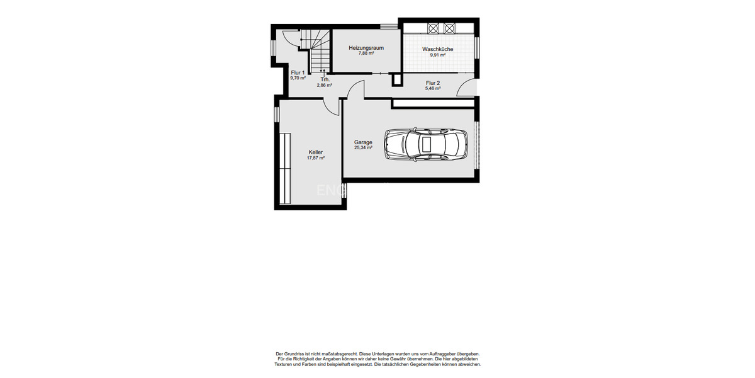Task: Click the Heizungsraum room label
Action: pos(366,48)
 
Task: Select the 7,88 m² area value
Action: pos(366,54)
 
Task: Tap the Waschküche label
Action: pos(438,49)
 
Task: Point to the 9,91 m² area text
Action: pos(438,55)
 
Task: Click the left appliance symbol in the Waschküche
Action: pos(433,28)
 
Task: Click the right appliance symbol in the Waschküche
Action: pos(449,28)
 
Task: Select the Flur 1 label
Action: pos(298,73)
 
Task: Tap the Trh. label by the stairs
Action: pos(325,79)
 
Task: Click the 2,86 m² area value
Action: pos(325,85)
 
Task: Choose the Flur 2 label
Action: pos(433,83)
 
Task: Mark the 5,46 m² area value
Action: pos(433,89)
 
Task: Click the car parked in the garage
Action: pos(426,144)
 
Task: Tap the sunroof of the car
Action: pos(426,144)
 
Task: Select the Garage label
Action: pos(363,142)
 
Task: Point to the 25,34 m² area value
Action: pos(363,148)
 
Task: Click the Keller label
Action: pos(315,152)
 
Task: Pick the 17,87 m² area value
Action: pos(315,158)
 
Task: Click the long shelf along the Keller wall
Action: pos(285,168)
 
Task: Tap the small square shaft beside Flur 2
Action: pos(396,79)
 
